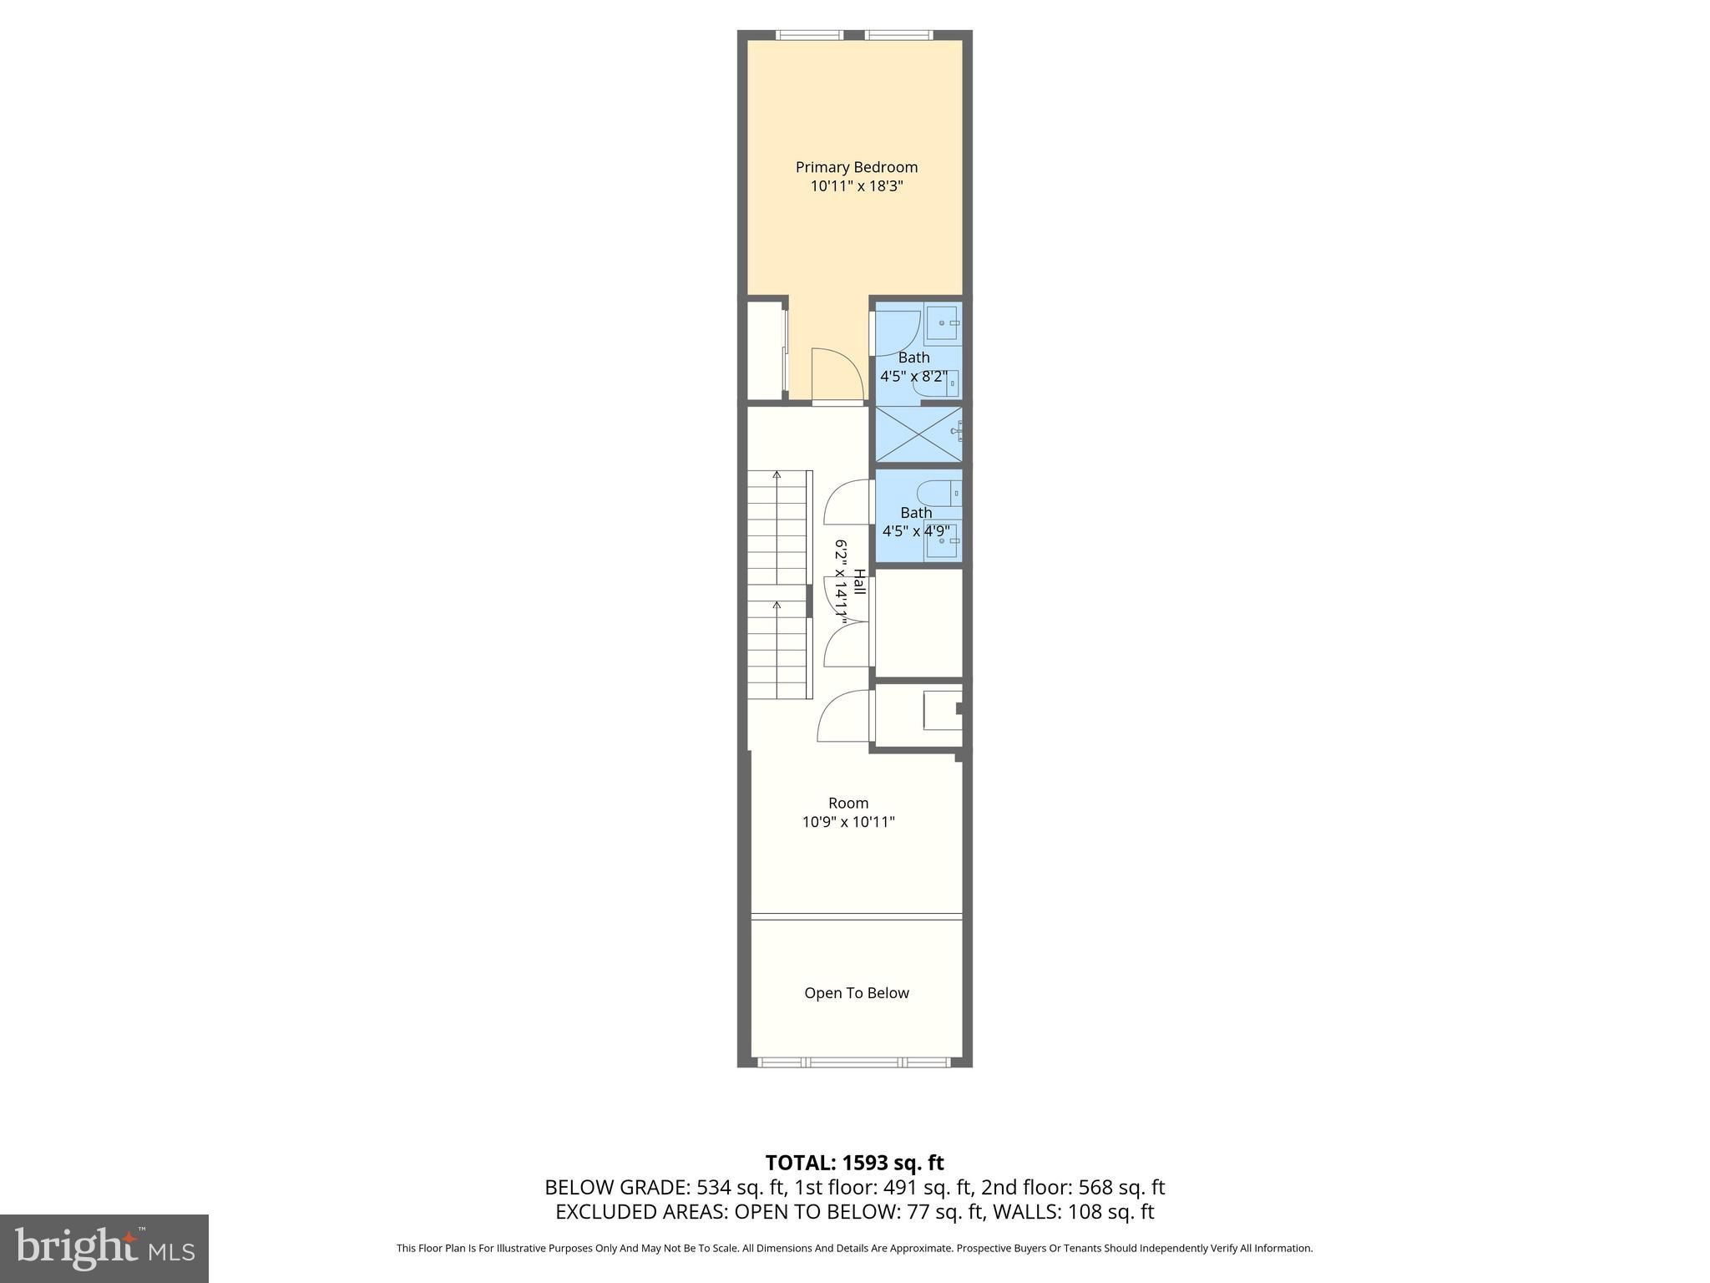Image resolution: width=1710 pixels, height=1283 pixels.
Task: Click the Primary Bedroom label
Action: pos(856,167)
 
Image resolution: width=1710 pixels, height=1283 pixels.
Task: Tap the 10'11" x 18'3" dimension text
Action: pos(857,186)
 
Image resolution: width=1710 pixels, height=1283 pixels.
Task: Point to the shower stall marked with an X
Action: pos(917,433)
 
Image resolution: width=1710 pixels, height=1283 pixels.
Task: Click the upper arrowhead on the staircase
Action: pos(777,475)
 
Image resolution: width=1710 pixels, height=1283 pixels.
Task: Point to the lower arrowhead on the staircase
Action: pos(777,604)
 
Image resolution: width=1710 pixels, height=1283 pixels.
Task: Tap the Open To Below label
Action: pos(856,993)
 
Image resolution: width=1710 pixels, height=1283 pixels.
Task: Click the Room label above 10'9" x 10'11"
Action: pos(848,803)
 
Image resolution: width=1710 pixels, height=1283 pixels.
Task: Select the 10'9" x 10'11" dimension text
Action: pos(848,822)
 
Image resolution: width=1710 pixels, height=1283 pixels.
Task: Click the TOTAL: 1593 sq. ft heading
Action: pos(854,1163)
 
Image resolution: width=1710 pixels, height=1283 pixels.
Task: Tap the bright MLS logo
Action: pos(104,1248)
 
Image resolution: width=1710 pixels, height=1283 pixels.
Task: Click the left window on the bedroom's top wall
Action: pos(809,35)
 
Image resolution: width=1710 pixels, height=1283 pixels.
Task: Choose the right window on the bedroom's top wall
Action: pos(898,35)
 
